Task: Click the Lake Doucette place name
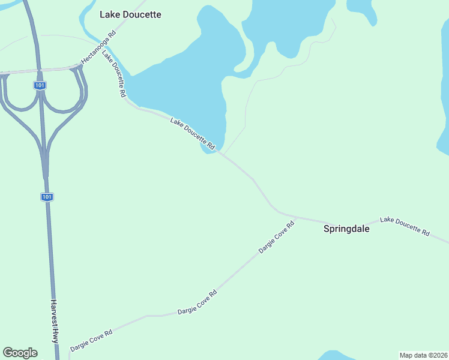point(130,14)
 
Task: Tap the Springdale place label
point(346,229)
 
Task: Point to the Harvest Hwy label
point(55,321)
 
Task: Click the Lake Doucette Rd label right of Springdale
point(405,226)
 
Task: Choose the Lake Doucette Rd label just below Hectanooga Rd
point(114,74)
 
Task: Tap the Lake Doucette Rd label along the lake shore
point(193,133)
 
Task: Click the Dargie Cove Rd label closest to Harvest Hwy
point(91,340)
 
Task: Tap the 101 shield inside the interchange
point(40,86)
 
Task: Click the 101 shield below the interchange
point(47,197)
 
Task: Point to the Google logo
point(20,353)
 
